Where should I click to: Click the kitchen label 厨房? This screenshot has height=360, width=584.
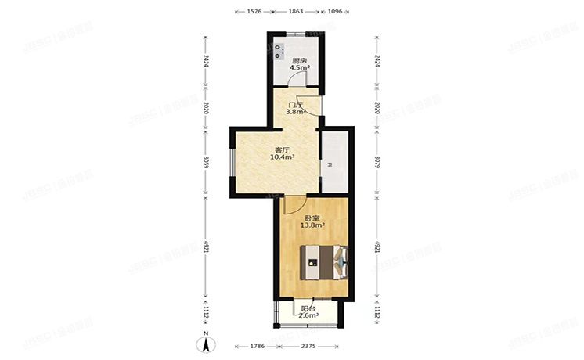tap(298, 60)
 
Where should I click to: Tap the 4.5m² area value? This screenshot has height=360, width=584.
tap(298, 68)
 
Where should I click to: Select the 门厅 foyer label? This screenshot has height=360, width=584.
tap(294, 104)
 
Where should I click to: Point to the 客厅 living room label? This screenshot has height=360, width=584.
tap(282, 149)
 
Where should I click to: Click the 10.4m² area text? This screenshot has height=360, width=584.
tap(282, 157)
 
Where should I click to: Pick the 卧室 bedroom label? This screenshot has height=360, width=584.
tap(312, 218)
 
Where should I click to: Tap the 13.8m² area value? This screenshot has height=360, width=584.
tap(312, 226)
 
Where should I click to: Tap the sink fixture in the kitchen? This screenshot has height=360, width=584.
tap(279, 50)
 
